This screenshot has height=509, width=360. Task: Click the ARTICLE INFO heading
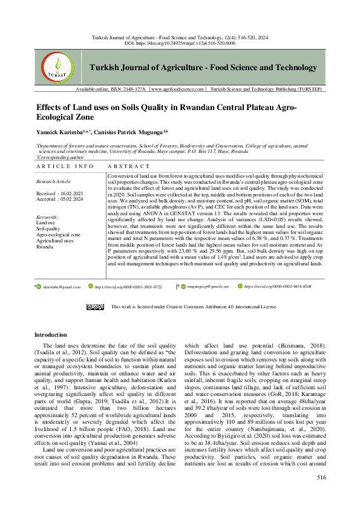(x=65, y=165)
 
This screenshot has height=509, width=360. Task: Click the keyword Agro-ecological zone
(x=58, y=234)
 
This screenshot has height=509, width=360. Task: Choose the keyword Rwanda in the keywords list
(x=45, y=247)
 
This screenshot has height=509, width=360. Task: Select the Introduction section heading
(x=51, y=334)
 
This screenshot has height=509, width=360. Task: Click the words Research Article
(x=54, y=181)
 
